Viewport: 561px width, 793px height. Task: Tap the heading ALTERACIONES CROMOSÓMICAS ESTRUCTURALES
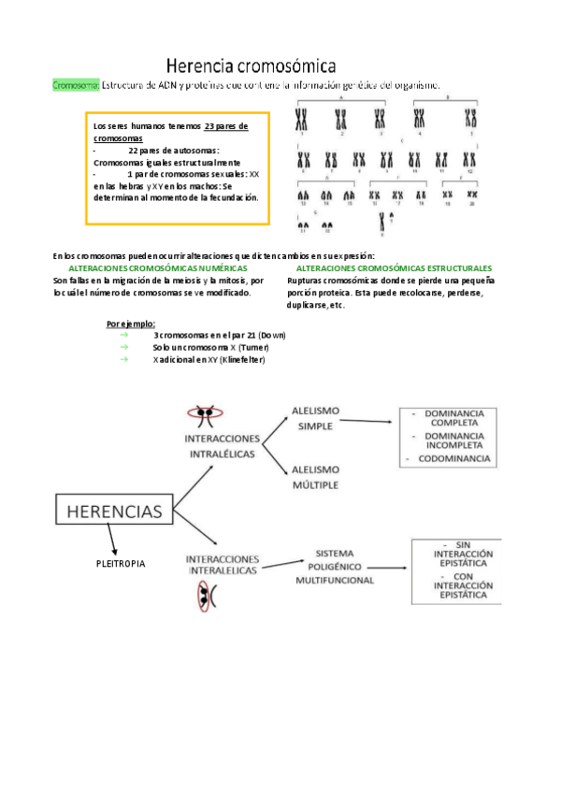(394, 268)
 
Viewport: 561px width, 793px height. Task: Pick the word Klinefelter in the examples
(242, 360)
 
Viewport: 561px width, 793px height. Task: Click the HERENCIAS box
(114, 511)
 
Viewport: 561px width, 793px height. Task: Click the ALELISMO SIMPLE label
(316, 418)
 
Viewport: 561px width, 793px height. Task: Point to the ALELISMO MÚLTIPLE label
(316, 477)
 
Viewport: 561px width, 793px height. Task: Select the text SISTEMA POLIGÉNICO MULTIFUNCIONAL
(334, 566)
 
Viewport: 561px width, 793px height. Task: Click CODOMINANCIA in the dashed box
(449, 459)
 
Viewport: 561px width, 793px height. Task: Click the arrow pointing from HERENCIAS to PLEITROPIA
(111, 541)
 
